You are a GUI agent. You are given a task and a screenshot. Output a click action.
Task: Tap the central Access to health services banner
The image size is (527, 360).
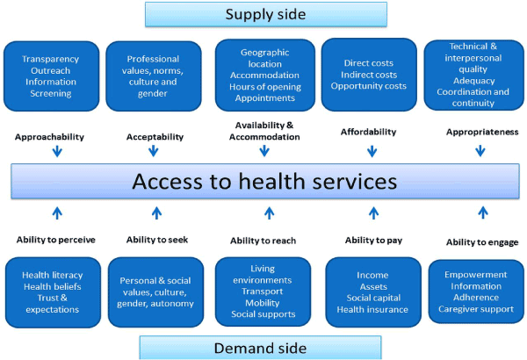click(263, 182)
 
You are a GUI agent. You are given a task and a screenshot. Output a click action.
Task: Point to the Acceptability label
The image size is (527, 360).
click(155, 137)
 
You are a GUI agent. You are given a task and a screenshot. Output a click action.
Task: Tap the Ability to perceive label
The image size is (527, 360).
click(55, 239)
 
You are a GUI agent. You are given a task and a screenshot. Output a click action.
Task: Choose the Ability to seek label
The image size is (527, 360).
click(156, 239)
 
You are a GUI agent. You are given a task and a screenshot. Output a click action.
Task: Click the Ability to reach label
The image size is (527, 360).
click(263, 241)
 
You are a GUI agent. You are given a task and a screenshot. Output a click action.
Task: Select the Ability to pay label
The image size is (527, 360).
click(373, 239)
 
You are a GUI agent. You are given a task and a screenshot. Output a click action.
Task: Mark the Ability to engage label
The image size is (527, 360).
click(480, 241)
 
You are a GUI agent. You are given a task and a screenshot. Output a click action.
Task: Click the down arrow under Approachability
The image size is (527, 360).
click(57, 151)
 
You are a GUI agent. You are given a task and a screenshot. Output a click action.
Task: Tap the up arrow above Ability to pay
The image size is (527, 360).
click(373, 212)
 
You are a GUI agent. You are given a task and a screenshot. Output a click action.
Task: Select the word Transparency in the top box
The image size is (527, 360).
click(50, 59)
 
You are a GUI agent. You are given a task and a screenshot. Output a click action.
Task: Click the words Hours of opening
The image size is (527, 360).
click(263, 86)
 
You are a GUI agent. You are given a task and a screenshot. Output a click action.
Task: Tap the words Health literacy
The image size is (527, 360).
click(54, 275)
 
